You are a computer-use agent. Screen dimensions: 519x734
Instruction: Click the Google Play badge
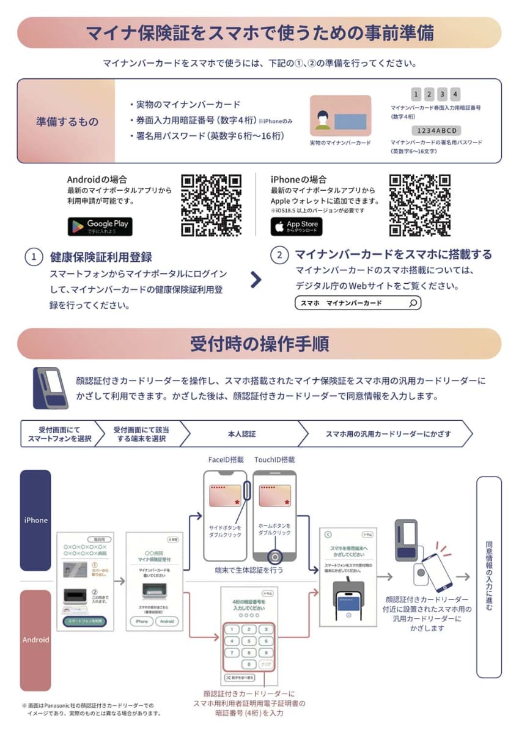(x=100, y=226)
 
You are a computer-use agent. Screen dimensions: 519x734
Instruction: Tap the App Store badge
(x=296, y=226)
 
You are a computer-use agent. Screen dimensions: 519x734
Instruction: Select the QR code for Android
(x=212, y=205)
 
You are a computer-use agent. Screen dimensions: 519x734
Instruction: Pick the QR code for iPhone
(x=420, y=205)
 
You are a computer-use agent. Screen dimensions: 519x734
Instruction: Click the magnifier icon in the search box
(x=413, y=303)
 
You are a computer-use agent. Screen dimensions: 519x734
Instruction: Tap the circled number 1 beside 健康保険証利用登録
(x=34, y=256)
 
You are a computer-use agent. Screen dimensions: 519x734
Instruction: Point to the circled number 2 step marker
(x=279, y=255)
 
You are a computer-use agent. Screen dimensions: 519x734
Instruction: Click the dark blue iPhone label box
(x=35, y=521)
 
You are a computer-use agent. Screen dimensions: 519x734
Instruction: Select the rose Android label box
(x=35, y=640)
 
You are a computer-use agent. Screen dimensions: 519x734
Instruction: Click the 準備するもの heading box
(x=67, y=122)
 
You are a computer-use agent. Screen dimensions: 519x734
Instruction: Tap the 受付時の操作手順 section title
(x=259, y=344)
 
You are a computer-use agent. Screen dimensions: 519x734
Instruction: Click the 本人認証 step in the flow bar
(x=241, y=434)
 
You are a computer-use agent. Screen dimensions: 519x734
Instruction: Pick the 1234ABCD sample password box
(x=436, y=131)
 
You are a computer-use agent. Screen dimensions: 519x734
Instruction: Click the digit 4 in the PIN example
(x=455, y=94)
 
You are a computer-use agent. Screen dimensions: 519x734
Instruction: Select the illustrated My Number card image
(x=340, y=116)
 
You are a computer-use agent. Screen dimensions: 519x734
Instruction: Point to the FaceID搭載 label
(x=226, y=459)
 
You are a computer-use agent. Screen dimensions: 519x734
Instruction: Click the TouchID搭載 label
(x=274, y=459)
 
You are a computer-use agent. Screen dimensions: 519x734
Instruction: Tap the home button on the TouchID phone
(x=274, y=557)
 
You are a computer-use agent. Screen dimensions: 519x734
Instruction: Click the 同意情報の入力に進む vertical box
(x=488, y=577)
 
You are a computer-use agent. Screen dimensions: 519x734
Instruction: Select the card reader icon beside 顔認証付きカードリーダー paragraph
(x=51, y=388)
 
